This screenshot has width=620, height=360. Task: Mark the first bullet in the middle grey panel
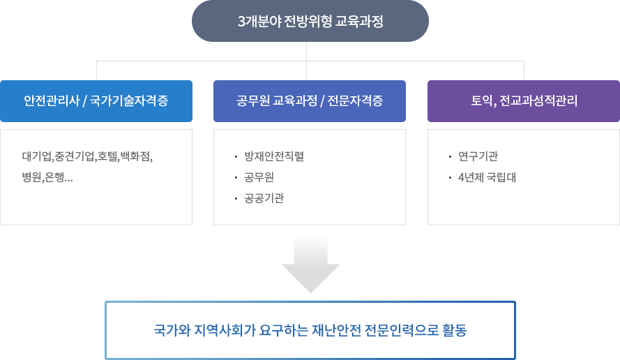coord(236,156)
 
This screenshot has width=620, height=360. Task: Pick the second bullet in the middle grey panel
coord(236,177)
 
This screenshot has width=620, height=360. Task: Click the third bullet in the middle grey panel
coord(236,198)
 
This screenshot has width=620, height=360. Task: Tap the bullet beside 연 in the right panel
coord(451,156)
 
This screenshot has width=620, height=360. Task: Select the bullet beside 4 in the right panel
coord(451,177)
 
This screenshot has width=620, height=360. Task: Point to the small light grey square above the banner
coord(310,263)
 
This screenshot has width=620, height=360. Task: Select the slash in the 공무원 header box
coord(323,101)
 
